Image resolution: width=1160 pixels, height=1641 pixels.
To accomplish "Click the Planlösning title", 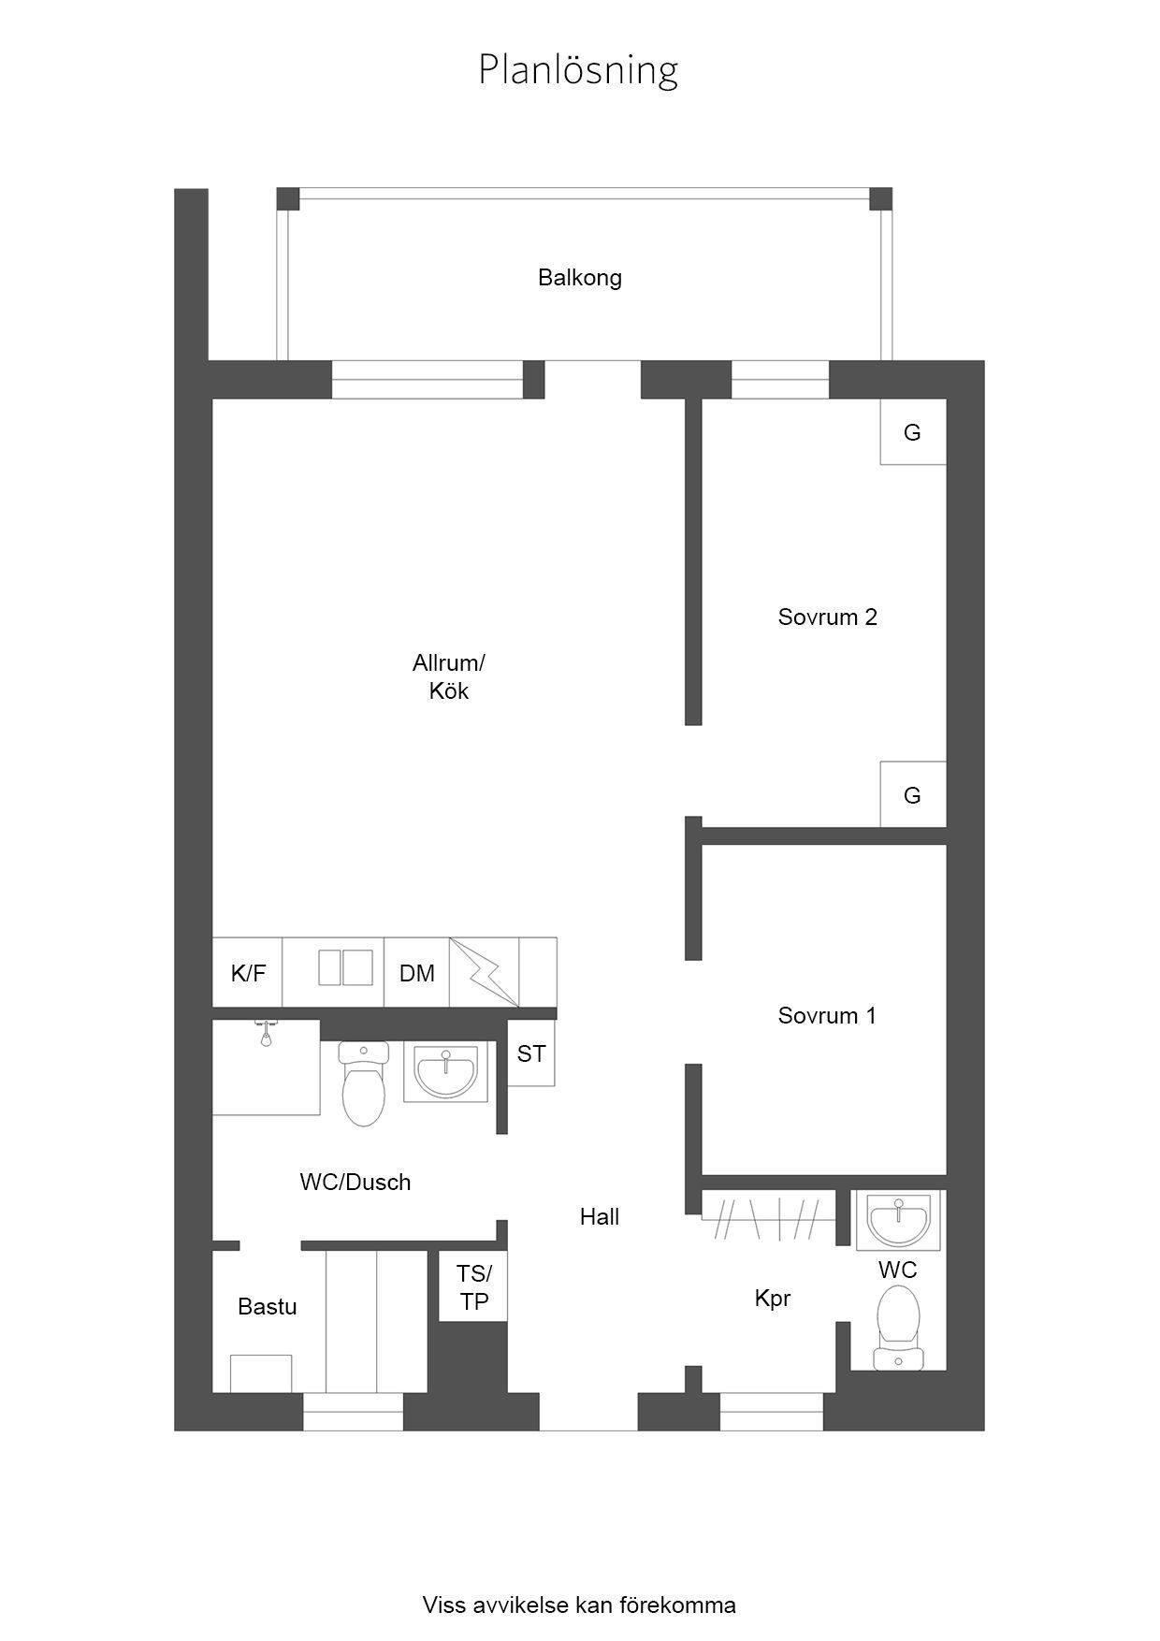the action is click(578, 70).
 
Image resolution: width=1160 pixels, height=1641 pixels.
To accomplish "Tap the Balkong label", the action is click(580, 278).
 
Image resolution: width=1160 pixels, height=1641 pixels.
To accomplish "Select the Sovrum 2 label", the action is click(828, 617).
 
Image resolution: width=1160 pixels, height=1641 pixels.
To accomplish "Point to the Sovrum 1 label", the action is click(827, 1015).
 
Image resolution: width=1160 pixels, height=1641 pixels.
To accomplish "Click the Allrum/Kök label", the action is click(449, 676).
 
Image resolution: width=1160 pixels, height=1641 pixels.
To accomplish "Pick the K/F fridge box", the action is click(248, 973).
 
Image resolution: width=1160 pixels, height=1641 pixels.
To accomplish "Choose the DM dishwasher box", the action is click(417, 973).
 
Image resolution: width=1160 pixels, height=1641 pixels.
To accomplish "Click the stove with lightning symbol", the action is click(485, 972).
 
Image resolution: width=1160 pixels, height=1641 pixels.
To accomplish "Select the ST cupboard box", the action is click(531, 1053).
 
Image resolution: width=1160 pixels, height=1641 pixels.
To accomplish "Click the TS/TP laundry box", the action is click(473, 1286).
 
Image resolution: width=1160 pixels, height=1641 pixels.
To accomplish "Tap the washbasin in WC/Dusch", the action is click(446, 1072).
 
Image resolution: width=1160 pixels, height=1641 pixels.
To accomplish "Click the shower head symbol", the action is click(267, 1034).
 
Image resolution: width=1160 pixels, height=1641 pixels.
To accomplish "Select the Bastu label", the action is click(268, 1306).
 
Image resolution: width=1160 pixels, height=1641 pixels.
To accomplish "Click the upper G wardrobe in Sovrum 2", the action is click(913, 432).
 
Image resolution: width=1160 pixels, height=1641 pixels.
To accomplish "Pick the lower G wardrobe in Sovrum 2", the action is click(913, 794).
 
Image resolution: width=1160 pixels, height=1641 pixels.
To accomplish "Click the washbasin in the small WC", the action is click(899, 1220).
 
